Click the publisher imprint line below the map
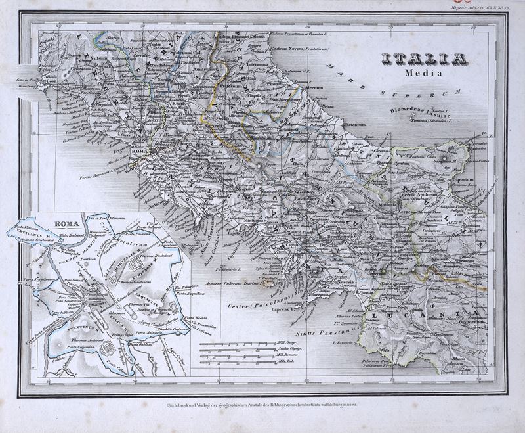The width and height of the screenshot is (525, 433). click(262, 407)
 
